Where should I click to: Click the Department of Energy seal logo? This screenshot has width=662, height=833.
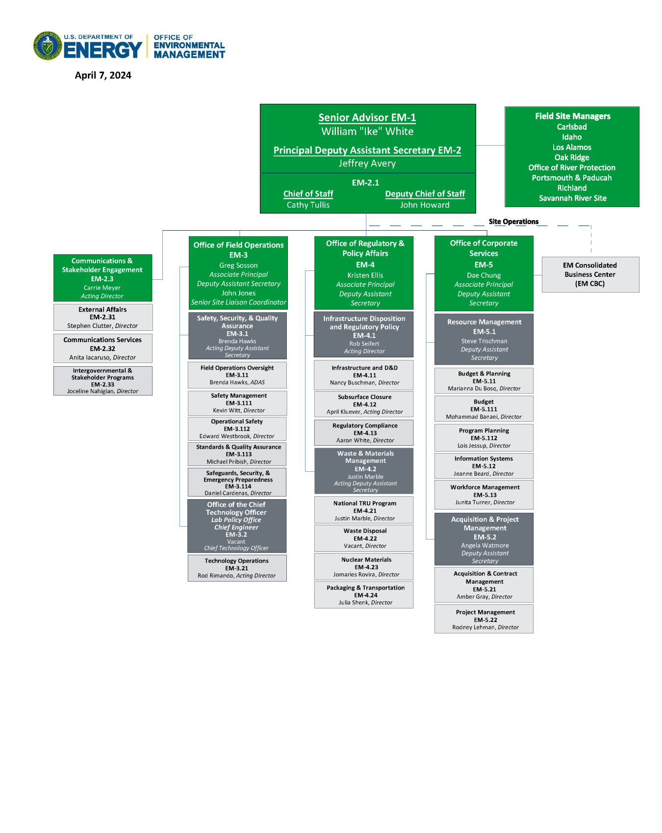(x=48, y=46)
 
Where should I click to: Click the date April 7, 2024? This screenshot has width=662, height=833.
(x=103, y=75)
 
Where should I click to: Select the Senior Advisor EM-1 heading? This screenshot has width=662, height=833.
(x=367, y=117)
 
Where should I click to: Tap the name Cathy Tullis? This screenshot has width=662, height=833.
(x=308, y=205)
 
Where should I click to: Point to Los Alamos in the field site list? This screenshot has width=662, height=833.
(x=572, y=147)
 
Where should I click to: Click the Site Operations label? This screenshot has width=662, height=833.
(x=513, y=221)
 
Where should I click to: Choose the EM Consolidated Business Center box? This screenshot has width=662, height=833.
(x=590, y=274)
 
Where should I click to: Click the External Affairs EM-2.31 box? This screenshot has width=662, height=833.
(x=102, y=317)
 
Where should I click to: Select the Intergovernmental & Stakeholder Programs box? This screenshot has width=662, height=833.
(x=102, y=381)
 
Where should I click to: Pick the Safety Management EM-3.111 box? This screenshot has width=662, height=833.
(x=237, y=403)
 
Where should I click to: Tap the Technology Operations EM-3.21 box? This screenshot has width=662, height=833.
(x=237, y=568)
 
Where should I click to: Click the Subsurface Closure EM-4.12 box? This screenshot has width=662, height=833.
(x=364, y=404)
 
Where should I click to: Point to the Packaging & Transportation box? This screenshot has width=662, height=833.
(x=365, y=595)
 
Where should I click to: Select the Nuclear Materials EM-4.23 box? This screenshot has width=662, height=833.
(x=366, y=567)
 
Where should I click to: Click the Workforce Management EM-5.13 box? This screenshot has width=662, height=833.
(x=484, y=495)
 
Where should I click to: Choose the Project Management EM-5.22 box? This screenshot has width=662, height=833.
(x=485, y=619)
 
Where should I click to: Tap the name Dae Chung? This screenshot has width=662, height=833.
(x=484, y=275)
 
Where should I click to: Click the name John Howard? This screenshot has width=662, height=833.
(x=425, y=205)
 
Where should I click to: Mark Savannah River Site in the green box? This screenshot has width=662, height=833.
(x=572, y=198)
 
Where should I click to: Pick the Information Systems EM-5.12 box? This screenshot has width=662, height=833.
(x=484, y=466)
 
